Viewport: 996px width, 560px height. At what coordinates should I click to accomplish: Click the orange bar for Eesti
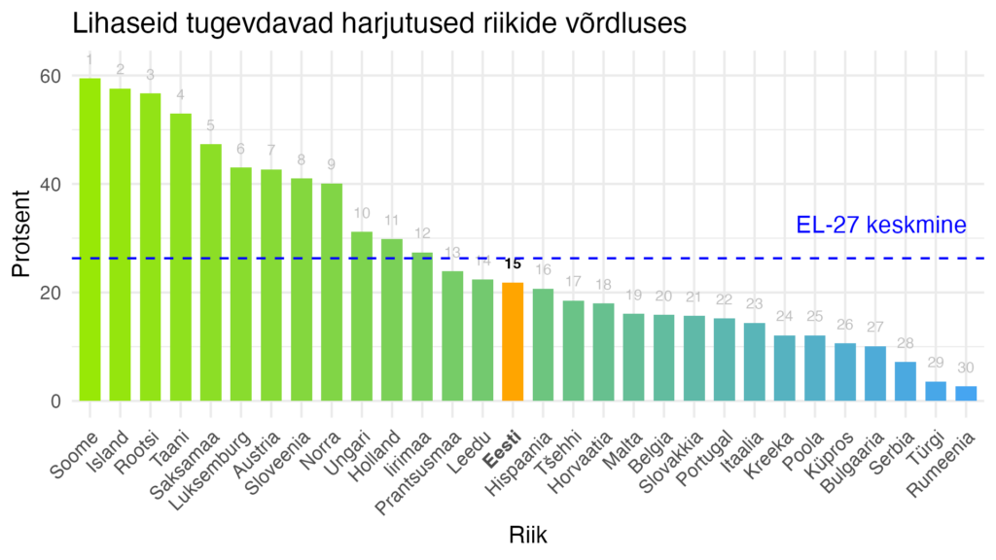[513, 341]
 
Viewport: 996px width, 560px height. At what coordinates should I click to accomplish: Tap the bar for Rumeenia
[966, 394]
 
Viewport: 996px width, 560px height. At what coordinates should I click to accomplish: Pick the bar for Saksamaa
[211, 272]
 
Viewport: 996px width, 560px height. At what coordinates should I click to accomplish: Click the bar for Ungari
[362, 316]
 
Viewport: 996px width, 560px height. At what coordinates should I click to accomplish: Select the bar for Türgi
[936, 391]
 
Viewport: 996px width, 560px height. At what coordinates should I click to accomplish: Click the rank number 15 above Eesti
[513, 263]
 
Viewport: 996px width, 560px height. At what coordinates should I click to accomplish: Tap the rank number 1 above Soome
[89, 60]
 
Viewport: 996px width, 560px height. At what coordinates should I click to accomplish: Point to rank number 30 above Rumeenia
[966, 367]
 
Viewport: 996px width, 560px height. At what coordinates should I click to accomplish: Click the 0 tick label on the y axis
[56, 401]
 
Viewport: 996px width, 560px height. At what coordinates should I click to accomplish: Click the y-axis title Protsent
[22, 238]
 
